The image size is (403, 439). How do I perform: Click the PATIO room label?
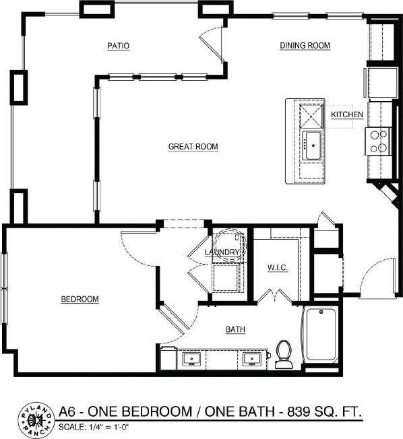coord(118,46)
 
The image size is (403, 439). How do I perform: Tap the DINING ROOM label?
coord(305,46)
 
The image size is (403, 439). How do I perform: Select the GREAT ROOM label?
coord(193,146)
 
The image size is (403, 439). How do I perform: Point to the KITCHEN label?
coord(347,115)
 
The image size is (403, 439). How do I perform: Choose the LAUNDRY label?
coord(222,252)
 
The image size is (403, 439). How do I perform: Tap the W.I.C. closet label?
coord(277,268)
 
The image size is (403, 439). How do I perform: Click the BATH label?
coord(235,330)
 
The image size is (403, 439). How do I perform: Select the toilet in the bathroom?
coord(283,353)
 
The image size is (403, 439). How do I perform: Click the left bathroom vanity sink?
coord(191,359)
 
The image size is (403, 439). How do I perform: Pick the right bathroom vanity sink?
coord(253,359)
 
